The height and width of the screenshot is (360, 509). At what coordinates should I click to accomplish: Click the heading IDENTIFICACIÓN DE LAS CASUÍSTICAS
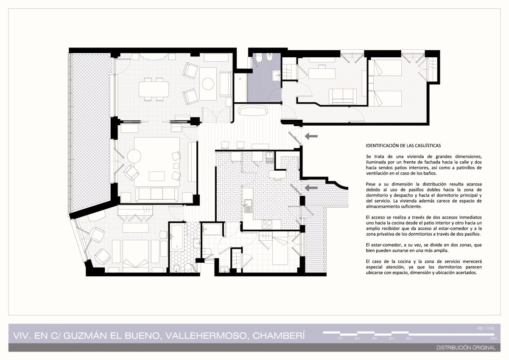[x=403, y=146]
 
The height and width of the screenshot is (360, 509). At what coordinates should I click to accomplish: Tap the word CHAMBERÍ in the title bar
[x=279, y=336]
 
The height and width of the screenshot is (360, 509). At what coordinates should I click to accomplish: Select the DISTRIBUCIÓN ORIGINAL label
[x=466, y=348]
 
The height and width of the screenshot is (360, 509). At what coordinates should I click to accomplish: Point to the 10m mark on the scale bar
[x=494, y=338]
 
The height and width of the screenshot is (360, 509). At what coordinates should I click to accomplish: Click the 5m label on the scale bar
[x=408, y=338]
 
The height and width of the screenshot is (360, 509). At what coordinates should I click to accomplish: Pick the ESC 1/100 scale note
[x=486, y=329]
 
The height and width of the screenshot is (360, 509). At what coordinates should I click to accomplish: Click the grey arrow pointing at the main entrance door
[x=311, y=136]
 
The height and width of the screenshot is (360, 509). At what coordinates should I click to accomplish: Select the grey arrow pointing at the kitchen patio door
[x=311, y=188]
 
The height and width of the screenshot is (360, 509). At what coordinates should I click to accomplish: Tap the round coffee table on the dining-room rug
[x=208, y=84]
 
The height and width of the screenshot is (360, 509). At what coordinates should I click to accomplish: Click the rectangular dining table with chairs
[x=154, y=89]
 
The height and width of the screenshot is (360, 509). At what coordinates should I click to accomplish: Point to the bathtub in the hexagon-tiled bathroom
[x=176, y=237]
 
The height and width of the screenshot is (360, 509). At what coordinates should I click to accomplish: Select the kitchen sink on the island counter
[x=248, y=206]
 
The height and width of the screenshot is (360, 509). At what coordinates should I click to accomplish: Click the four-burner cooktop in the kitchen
[x=267, y=225]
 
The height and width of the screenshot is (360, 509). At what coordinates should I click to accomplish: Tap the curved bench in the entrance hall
[x=253, y=111]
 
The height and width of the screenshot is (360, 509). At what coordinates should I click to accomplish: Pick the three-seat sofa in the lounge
[x=157, y=195]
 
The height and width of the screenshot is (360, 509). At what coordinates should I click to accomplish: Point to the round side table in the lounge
[x=134, y=156]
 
